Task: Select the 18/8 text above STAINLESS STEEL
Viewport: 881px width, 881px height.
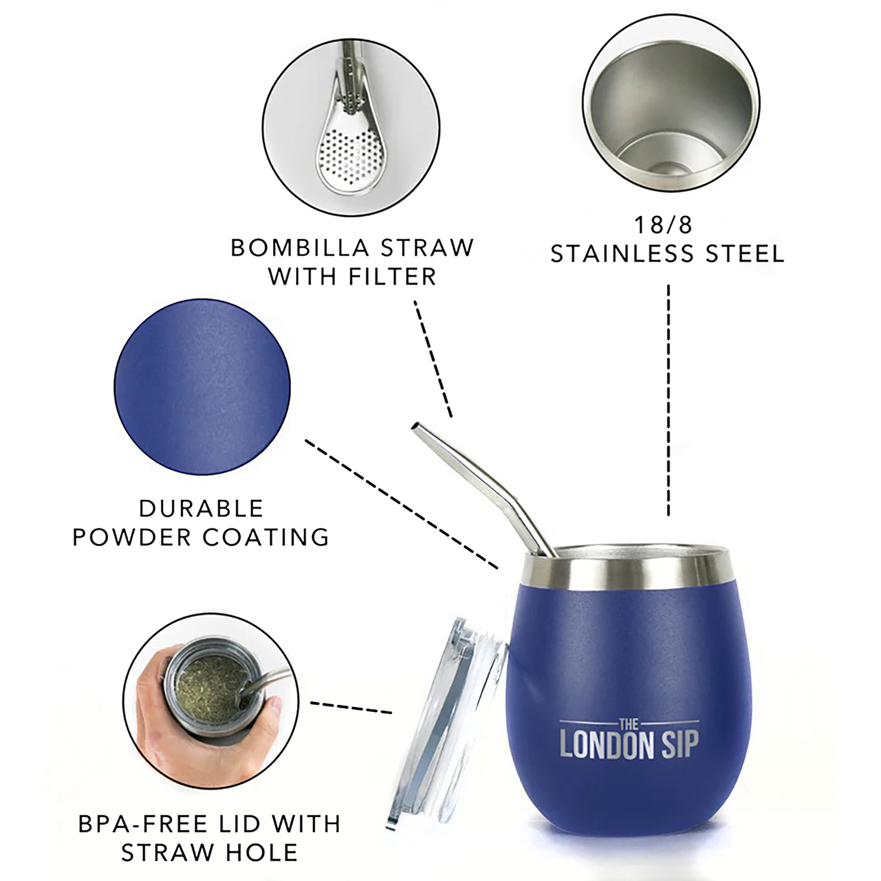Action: click(x=663, y=225)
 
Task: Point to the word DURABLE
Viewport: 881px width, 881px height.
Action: click(x=201, y=508)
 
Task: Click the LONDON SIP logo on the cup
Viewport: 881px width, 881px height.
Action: click(x=629, y=739)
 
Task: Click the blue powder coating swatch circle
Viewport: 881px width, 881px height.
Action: click(x=202, y=386)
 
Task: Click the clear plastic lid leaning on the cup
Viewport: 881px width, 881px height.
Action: click(x=446, y=722)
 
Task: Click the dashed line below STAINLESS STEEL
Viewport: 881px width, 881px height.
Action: click(x=668, y=401)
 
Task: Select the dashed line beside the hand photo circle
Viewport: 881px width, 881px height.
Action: click(x=351, y=707)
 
